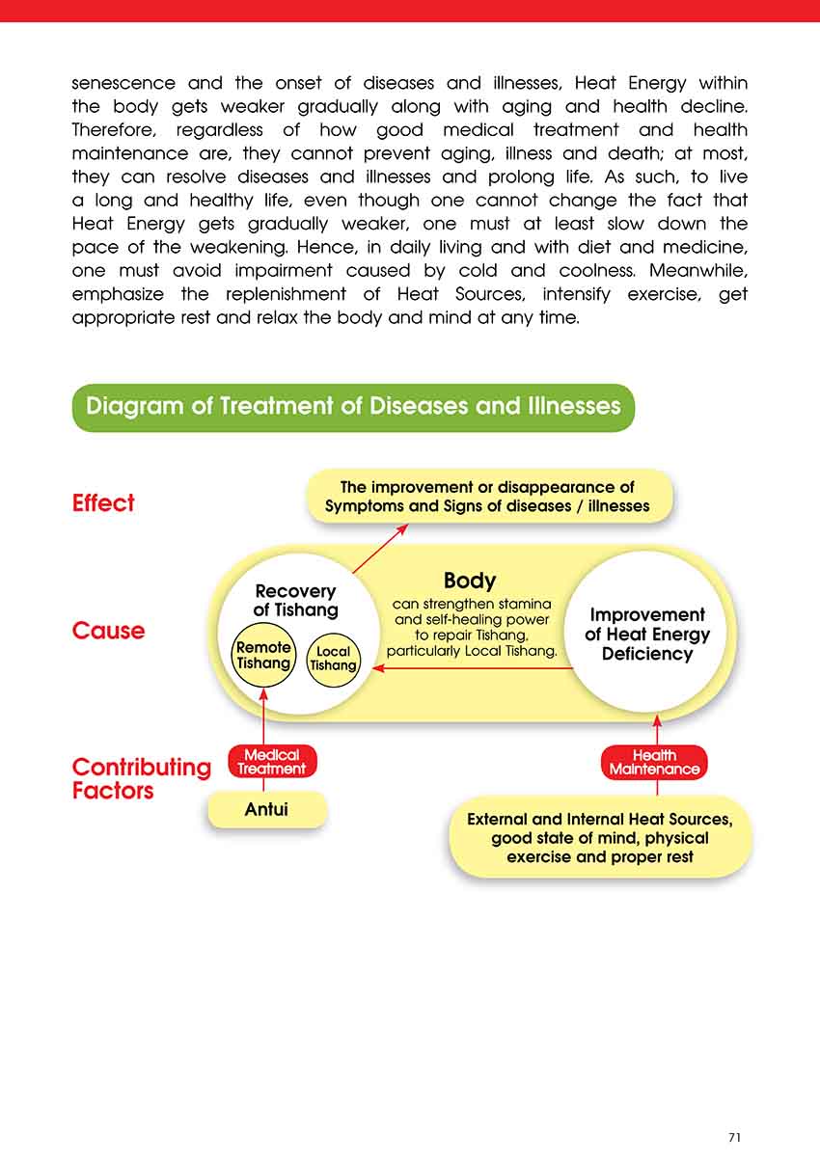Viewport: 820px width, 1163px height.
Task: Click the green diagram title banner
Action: (x=353, y=407)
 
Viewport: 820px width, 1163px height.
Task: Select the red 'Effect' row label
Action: (x=103, y=502)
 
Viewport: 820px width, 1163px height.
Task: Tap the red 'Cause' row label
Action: (x=108, y=631)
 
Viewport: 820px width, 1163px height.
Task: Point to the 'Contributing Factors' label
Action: (x=141, y=779)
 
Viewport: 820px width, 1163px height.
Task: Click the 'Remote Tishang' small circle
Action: (x=263, y=656)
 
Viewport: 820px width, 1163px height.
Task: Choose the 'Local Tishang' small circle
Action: (x=333, y=659)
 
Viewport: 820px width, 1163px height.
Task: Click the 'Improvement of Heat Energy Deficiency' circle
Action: (x=647, y=635)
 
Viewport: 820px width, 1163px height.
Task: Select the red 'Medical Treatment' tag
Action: (x=272, y=762)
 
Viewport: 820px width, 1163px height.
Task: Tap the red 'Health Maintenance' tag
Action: (x=654, y=763)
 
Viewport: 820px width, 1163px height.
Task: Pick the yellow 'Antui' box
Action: (x=267, y=810)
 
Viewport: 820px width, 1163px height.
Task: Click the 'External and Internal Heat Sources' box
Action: (x=599, y=837)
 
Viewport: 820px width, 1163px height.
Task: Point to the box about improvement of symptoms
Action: (x=487, y=497)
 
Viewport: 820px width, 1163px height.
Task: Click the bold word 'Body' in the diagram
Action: (x=470, y=581)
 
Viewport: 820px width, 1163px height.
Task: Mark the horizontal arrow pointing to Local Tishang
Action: (x=473, y=668)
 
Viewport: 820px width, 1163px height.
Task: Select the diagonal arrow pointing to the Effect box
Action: (x=379, y=549)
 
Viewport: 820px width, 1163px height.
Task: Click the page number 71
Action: (x=734, y=1138)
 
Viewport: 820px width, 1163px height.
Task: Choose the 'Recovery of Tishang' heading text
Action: (x=295, y=600)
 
